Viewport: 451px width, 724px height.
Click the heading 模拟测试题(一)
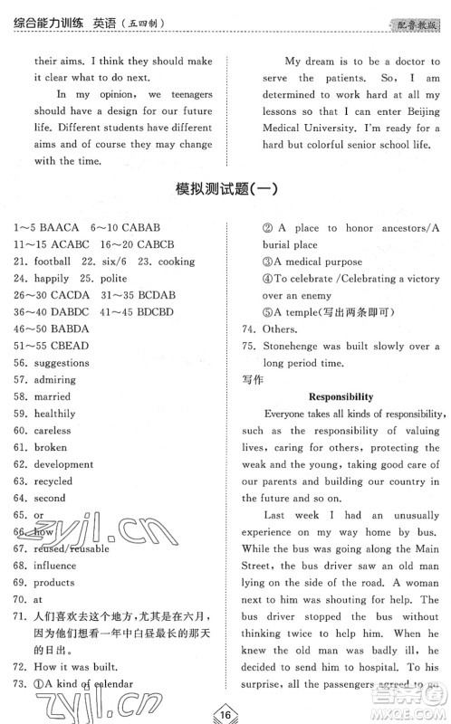[225, 192]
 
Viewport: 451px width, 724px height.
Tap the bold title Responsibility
[341, 396]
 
